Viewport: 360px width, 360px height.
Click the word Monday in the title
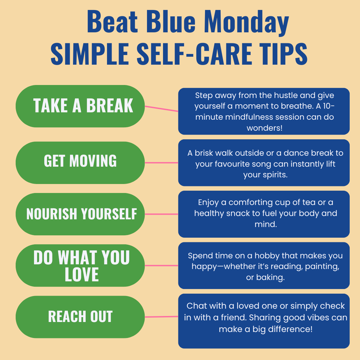pyautogui.click(x=246, y=22)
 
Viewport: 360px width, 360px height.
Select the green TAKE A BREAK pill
pyautogui.click(x=80, y=106)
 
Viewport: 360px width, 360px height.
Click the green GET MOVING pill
pyautogui.click(x=80, y=161)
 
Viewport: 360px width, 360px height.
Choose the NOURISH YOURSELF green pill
pyautogui.click(x=80, y=214)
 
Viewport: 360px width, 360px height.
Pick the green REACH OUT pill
pyautogui.click(x=80, y=317)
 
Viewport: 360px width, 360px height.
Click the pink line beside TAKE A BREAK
pyautogui.click(x=161, y=109)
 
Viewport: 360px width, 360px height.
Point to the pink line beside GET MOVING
pyautogui.click(x=161, y=163)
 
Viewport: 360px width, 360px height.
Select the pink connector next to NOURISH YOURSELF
pyautogui.click(x=161, y=214)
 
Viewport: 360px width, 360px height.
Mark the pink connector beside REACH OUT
pyautogui.click(x=161, y=317)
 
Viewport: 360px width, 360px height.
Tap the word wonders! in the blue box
pyautogui.click(x=264, y=128)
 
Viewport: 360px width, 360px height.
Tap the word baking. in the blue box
pyautogui.click(x=270, y=277)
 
